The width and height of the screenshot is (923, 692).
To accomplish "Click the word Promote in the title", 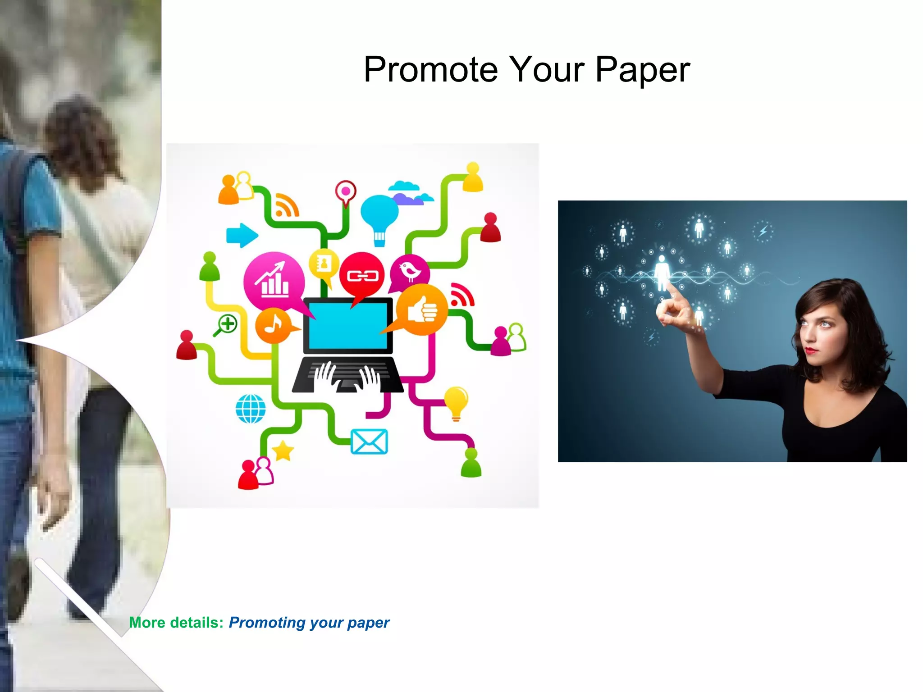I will click(431, 70).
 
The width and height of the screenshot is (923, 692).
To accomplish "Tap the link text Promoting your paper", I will click(309, 623).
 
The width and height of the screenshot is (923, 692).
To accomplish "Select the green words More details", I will click(176, 623).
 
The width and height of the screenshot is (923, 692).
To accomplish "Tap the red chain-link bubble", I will click(361, 275).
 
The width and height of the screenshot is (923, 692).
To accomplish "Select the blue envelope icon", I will click(369, 442).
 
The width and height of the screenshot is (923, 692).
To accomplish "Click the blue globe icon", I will click(251, 409).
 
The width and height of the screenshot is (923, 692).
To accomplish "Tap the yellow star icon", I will click(283, 451).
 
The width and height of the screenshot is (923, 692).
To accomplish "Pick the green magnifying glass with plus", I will click(226, 325).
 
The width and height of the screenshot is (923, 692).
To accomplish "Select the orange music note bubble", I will click(273, 325).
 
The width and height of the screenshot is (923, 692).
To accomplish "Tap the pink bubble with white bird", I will click(410, 271).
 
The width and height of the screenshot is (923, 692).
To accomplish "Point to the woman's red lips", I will click(811, 350).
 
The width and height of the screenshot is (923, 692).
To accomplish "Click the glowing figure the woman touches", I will click(662, 272).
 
